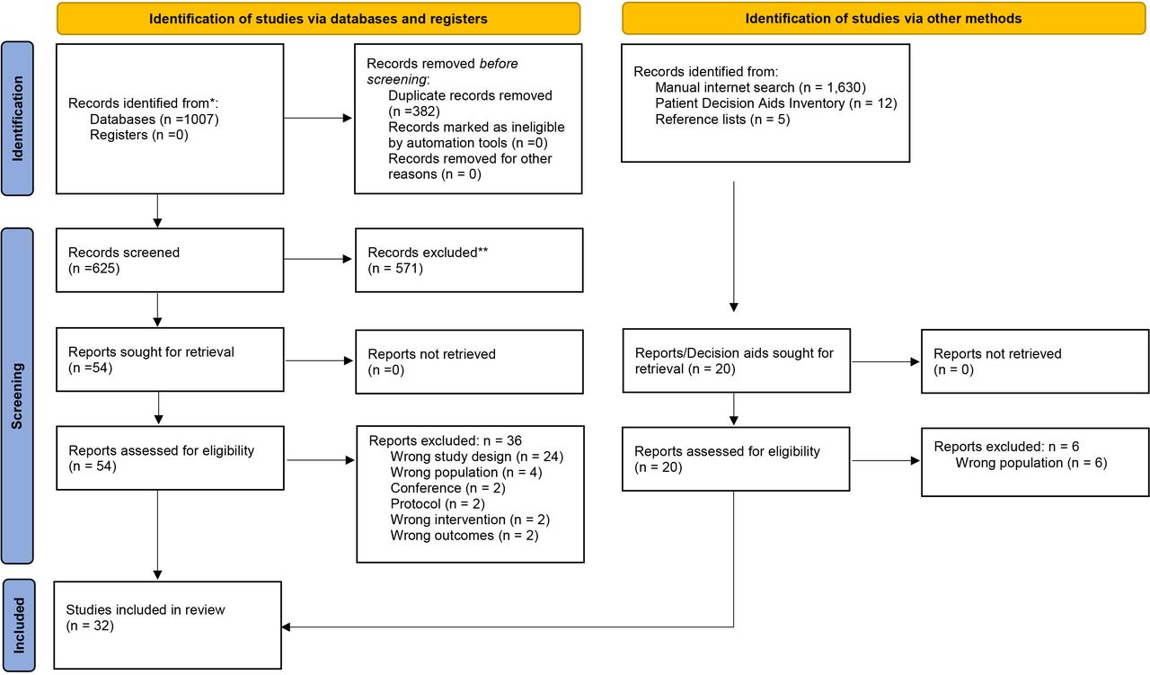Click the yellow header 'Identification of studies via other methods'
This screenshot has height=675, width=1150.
883,19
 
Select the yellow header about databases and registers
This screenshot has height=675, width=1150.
318,19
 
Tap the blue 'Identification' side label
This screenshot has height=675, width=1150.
17,119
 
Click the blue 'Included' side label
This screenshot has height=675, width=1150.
19,626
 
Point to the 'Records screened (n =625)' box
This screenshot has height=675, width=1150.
170,261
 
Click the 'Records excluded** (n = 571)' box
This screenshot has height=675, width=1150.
469,261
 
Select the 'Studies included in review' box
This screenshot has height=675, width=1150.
168,626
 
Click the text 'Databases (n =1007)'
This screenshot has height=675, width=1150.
155,120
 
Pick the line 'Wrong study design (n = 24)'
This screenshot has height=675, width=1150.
477,457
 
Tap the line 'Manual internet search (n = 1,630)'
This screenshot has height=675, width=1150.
760,87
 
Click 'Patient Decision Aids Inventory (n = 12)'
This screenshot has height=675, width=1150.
776,103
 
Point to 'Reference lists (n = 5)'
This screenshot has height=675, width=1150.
722,120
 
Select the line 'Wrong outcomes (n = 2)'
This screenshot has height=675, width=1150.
464,536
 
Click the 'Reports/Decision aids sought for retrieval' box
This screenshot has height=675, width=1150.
737,360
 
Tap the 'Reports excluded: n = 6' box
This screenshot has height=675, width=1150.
1035,463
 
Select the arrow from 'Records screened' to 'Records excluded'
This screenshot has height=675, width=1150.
318,259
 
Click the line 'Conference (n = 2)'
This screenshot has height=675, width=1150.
447,488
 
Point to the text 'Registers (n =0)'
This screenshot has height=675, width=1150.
139,135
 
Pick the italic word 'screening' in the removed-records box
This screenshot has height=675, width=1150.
396,80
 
